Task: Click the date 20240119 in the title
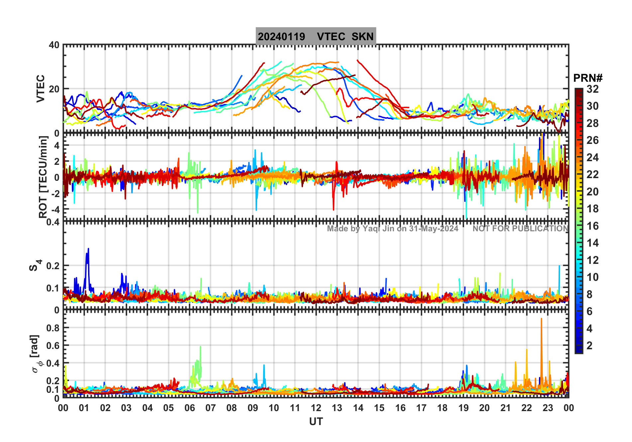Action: point(281,37)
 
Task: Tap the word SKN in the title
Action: point(363,37)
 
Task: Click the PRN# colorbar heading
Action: point(587,78)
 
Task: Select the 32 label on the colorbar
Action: point(592,89)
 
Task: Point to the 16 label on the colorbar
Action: point(592,226)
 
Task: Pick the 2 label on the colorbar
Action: point(589,346)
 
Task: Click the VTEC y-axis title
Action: point(41,89)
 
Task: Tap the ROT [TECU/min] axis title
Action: point(43,177)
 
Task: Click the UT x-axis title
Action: point(316,422)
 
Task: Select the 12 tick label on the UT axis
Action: point(316,408)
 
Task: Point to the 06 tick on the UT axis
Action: point(189,408)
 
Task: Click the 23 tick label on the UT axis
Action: point(548,408)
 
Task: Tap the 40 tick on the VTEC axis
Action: point(54,45)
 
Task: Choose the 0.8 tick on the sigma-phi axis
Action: point(53,328)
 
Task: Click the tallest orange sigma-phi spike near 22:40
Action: point(541,319)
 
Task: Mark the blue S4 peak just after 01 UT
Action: point(88,249)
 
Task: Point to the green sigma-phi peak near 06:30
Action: point(200,347)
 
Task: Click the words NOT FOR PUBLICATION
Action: point(520,229)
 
